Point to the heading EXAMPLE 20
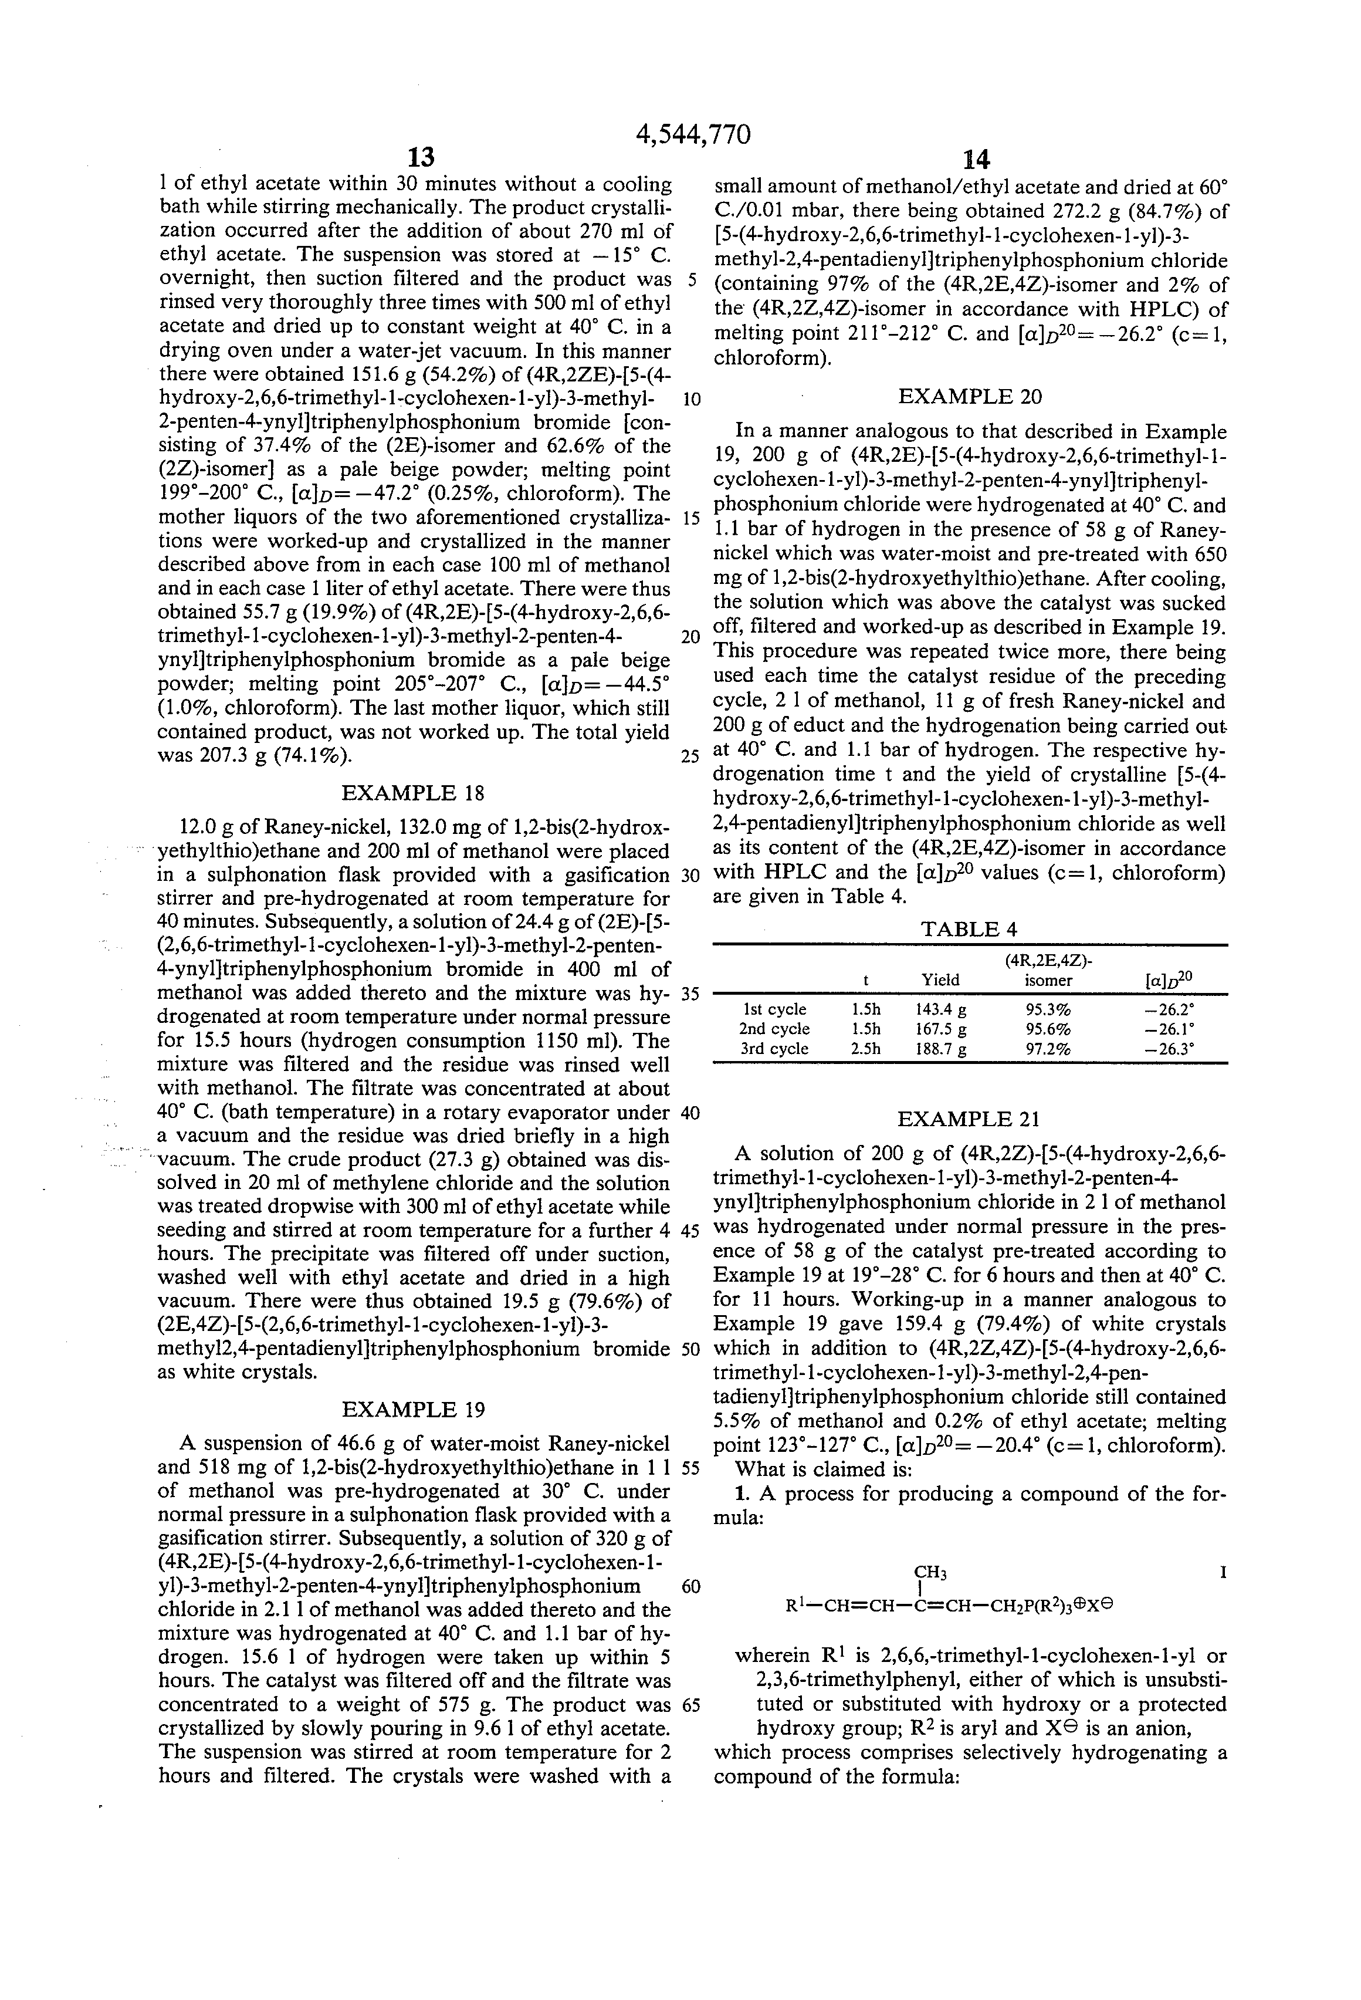click(x=970, y=397)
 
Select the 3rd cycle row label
click(x=774, y=1048)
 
